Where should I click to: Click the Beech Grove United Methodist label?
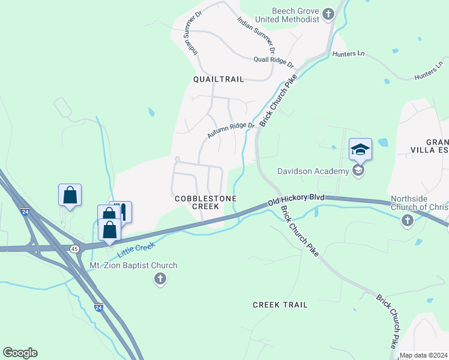click(x=295, y=15)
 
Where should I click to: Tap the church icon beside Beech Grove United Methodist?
click(x=328, y=14)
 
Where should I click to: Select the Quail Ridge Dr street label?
click(x=273, y=60)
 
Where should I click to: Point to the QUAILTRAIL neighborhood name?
click(x=218, y=79)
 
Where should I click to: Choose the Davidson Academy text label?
click(x=313, y=172)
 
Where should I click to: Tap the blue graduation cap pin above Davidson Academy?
click(x=360, y=149)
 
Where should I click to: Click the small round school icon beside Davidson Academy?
click(x=358, y=171)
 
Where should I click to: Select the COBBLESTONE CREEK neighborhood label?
click(x=205, y=202)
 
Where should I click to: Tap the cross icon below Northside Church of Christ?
click(x=407, y=221)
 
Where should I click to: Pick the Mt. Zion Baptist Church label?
click(x=133, y=265)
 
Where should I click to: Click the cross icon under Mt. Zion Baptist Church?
click(x=160, y=279)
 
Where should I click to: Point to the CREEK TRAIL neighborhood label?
click(x=280, y=305)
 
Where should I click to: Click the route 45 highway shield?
click(x=74, y=248)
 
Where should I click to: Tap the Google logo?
click(x=20, y=353)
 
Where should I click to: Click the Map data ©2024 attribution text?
click(x=423, y=355)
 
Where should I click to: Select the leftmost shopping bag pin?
click(x=70, y=195)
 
